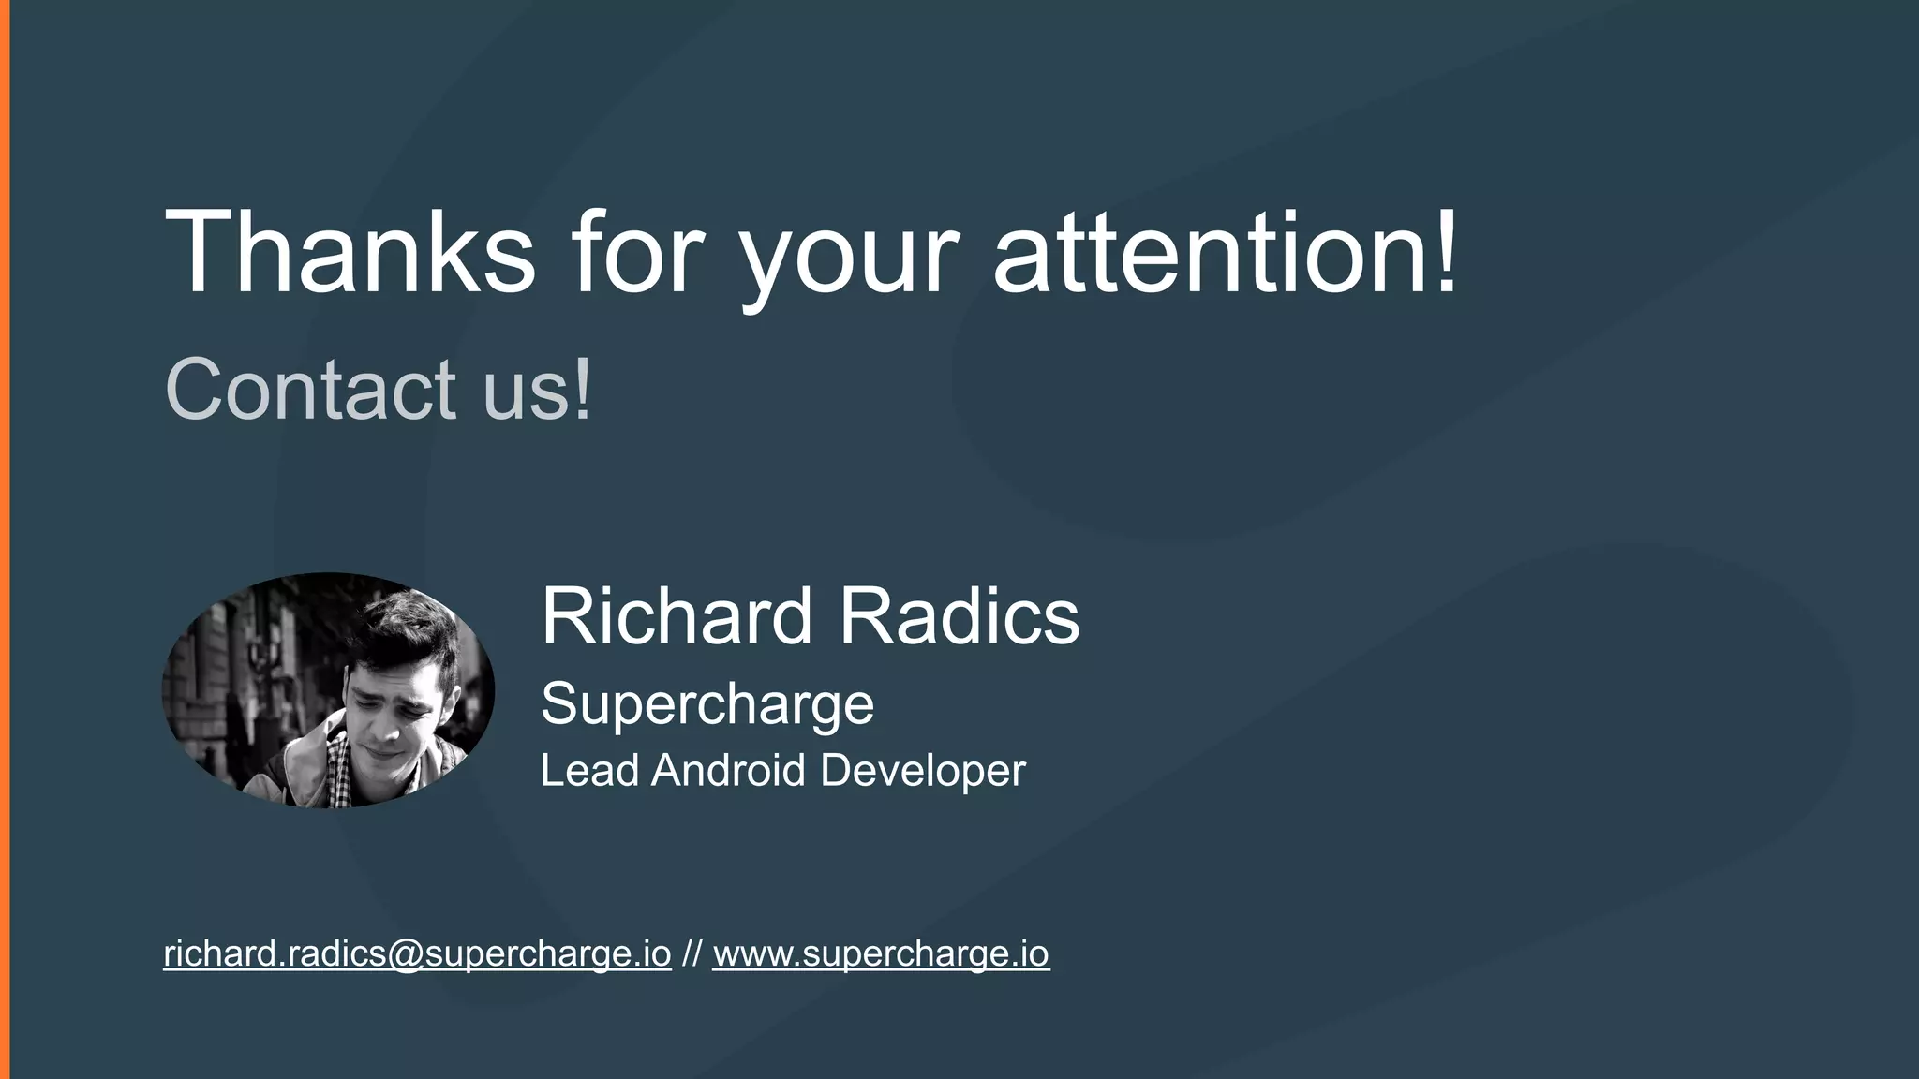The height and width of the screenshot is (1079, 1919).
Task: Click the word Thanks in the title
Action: (350, 253)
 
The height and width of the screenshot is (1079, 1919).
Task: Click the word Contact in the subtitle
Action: (310, 389)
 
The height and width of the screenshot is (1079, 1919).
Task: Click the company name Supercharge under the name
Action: (707, 704)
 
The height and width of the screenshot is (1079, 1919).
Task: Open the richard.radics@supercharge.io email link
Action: (417, 953)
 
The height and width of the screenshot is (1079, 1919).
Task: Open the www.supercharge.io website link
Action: (881, 953)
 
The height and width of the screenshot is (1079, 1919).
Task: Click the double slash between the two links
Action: (692, 953)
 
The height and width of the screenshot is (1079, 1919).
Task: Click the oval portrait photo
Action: (328, 690)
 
